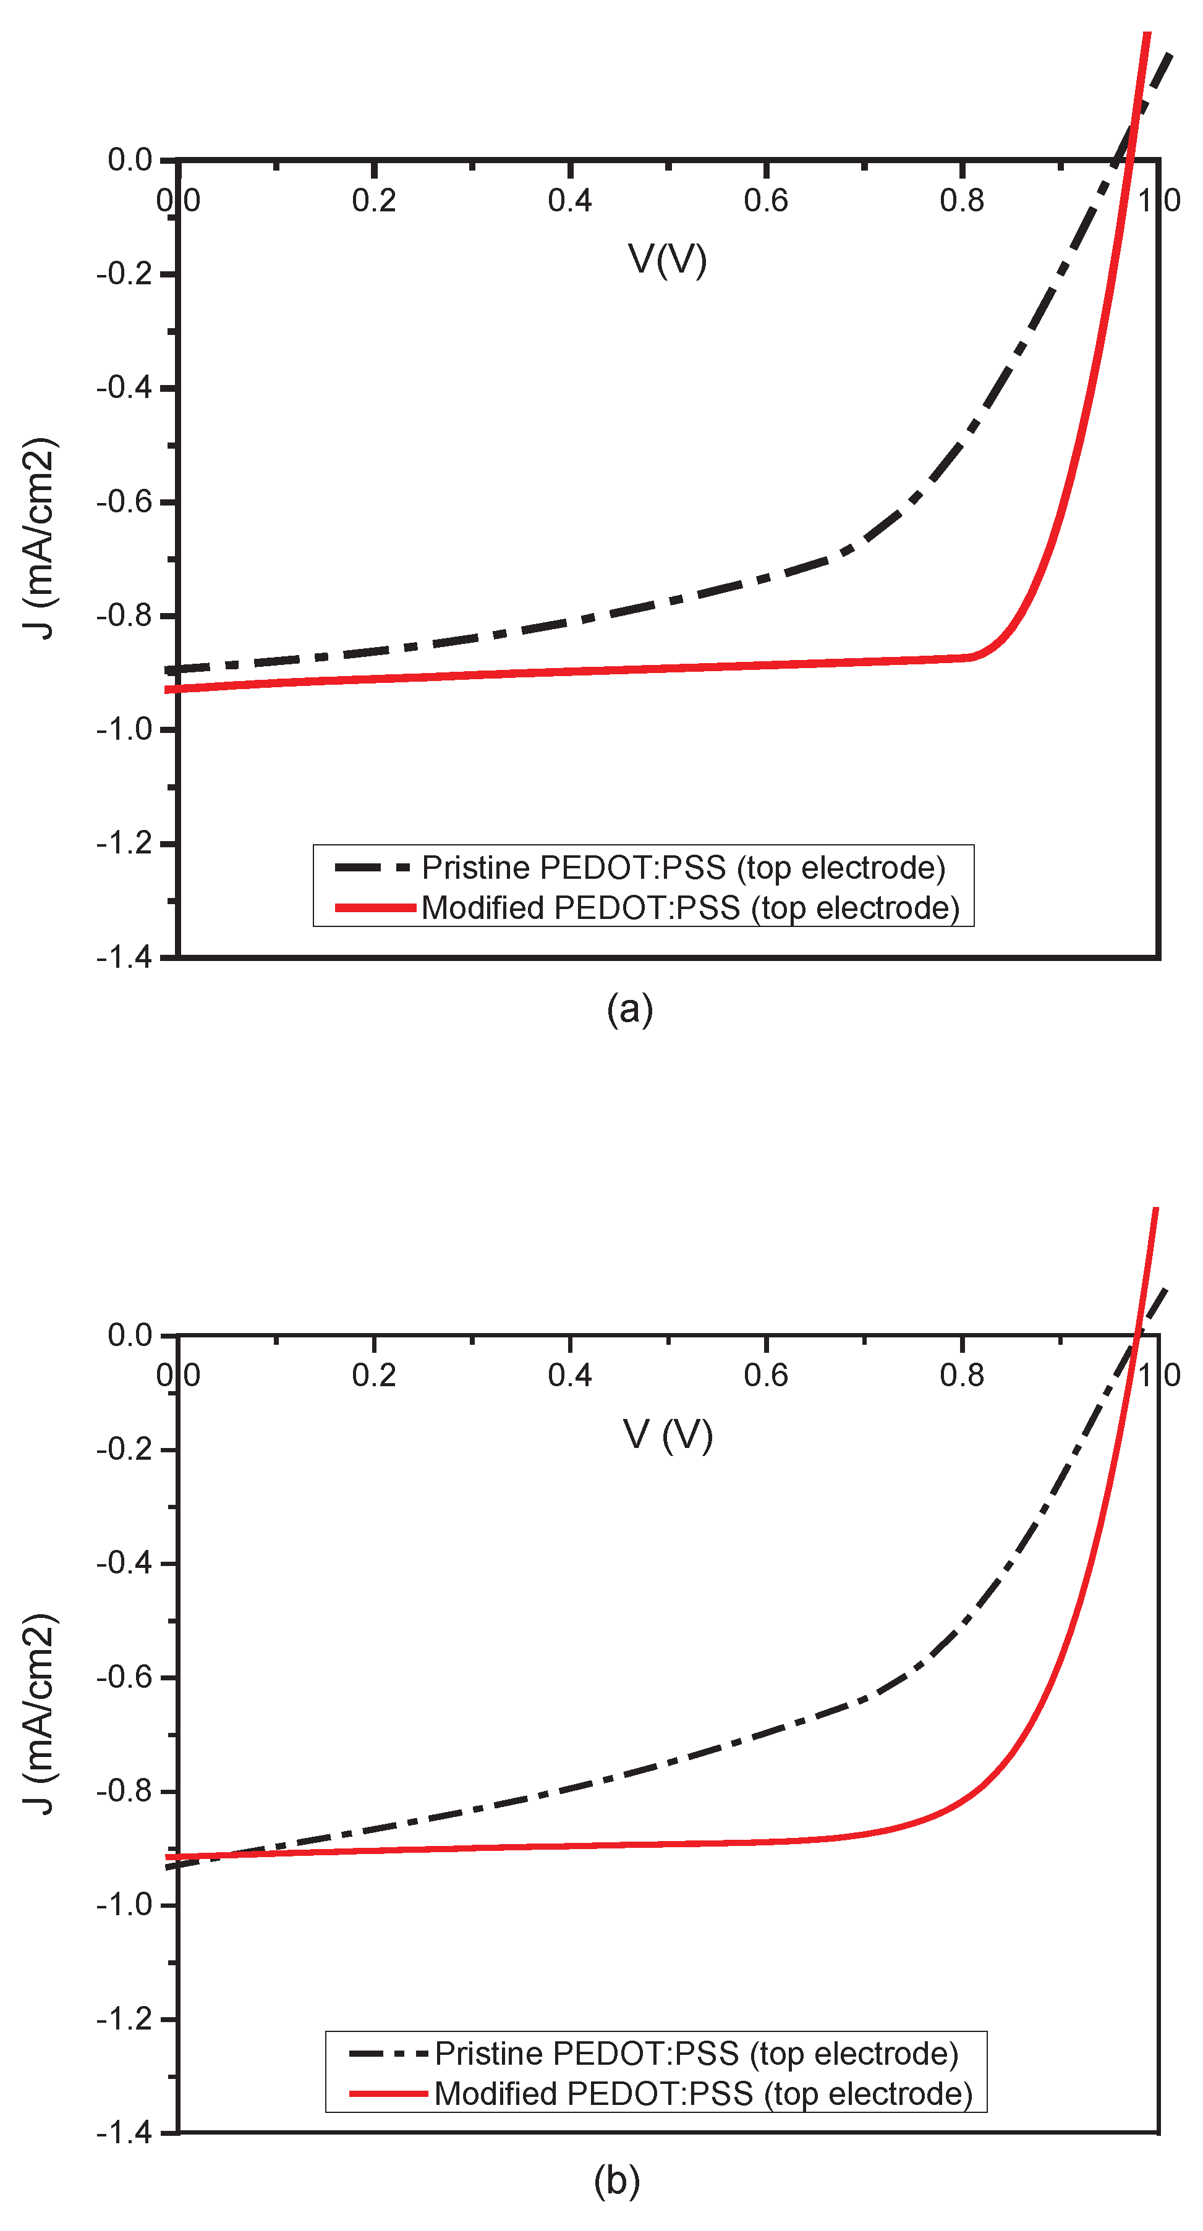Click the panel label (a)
(x=630, y=1010)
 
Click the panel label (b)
(x=617, y=2180)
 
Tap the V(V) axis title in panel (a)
(x=667, y=259)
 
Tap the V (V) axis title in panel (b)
(x=668, y=1434)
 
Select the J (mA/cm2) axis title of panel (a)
(x=40, y=539)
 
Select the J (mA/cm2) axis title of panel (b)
(x=40, y=1714)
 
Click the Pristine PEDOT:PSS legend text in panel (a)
(x=683, y=867)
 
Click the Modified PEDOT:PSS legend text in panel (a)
(x=691, y=908)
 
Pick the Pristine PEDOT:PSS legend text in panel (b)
(x=696, y=2054)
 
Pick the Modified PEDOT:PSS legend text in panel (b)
(x=704, y=2093)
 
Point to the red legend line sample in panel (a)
(x=375, y=908)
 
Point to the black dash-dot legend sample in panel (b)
(x=388, y=2054)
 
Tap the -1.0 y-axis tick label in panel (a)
(x=124, y=729)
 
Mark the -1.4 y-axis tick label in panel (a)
(x=124, y=957)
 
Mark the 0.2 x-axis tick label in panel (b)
(x=373, y=1375)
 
